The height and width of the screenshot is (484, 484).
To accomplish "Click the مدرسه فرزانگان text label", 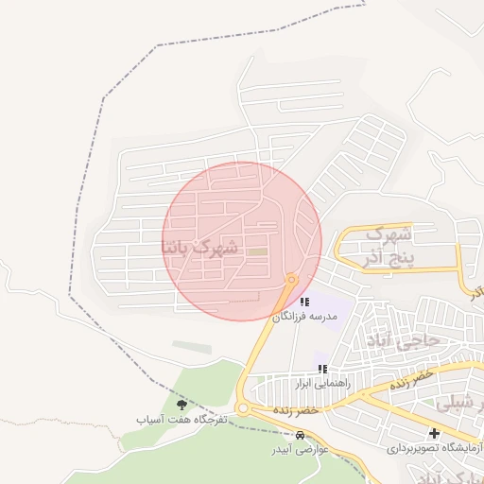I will (x=304, y=318).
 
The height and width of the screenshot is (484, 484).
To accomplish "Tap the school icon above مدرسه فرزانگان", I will (x=303, y=302).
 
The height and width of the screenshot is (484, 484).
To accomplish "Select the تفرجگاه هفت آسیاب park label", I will (x=181, y=419).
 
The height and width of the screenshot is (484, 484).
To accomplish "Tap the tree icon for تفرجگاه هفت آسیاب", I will (x=181, y=405).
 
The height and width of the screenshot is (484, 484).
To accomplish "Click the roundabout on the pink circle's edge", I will (x=291, y=279).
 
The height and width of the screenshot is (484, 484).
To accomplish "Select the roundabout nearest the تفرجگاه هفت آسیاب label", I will (x=243, y=409).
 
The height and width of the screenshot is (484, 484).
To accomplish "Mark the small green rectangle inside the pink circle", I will (x=257, y=251).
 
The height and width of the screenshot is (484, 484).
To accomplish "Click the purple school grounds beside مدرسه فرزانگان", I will (x=336, y=308).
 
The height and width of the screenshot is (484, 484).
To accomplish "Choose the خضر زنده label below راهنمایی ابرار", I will (x=292, y=411).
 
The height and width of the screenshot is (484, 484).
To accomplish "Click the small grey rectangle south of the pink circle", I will (x=192, y=348).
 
